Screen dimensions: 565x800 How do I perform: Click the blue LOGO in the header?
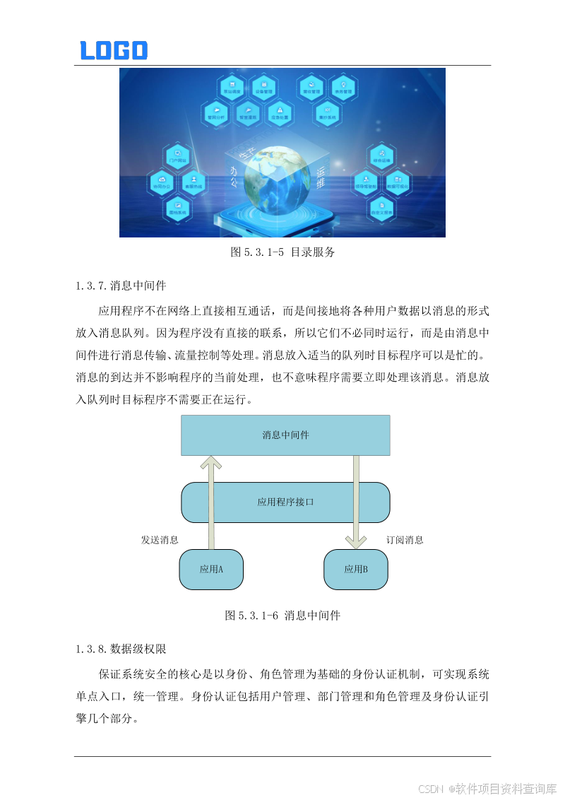point(113,50)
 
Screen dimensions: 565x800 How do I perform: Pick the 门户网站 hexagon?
point(177,157)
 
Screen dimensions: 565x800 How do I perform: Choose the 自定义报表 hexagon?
point(381,206)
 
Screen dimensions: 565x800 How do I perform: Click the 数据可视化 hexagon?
point(398,182)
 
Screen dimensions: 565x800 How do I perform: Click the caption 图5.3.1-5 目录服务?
point(282,252)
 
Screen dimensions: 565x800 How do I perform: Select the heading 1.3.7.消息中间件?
point(121,286)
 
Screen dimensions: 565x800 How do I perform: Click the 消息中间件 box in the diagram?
point(285,435)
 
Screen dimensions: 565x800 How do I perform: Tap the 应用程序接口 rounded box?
point(285,502)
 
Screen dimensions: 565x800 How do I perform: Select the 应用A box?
point(211,569)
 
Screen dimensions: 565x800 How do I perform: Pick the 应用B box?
point(355,569)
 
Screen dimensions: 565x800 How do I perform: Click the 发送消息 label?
point(160,540)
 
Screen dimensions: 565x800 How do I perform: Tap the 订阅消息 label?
point(405,540)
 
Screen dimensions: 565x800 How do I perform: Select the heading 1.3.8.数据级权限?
point(121,648)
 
